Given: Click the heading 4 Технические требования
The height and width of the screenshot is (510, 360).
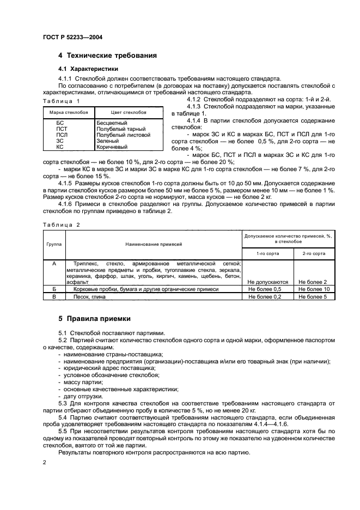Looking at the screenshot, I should tap(107, 56).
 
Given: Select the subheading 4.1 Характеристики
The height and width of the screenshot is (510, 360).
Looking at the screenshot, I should tap(88, 69).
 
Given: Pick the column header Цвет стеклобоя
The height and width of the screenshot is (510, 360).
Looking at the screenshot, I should tap(129, 112).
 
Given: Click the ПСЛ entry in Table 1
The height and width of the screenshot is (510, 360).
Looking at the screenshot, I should tap(62, 135).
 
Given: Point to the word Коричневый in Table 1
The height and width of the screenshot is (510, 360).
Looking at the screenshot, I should tap(112, 147).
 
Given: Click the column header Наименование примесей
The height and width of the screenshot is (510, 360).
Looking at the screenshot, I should tap(154, 245).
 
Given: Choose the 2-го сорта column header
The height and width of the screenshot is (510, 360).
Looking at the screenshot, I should tap(314, 253).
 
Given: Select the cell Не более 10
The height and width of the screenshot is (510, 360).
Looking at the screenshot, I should tap(314, 289).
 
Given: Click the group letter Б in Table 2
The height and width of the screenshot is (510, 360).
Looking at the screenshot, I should tap(53, 289).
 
